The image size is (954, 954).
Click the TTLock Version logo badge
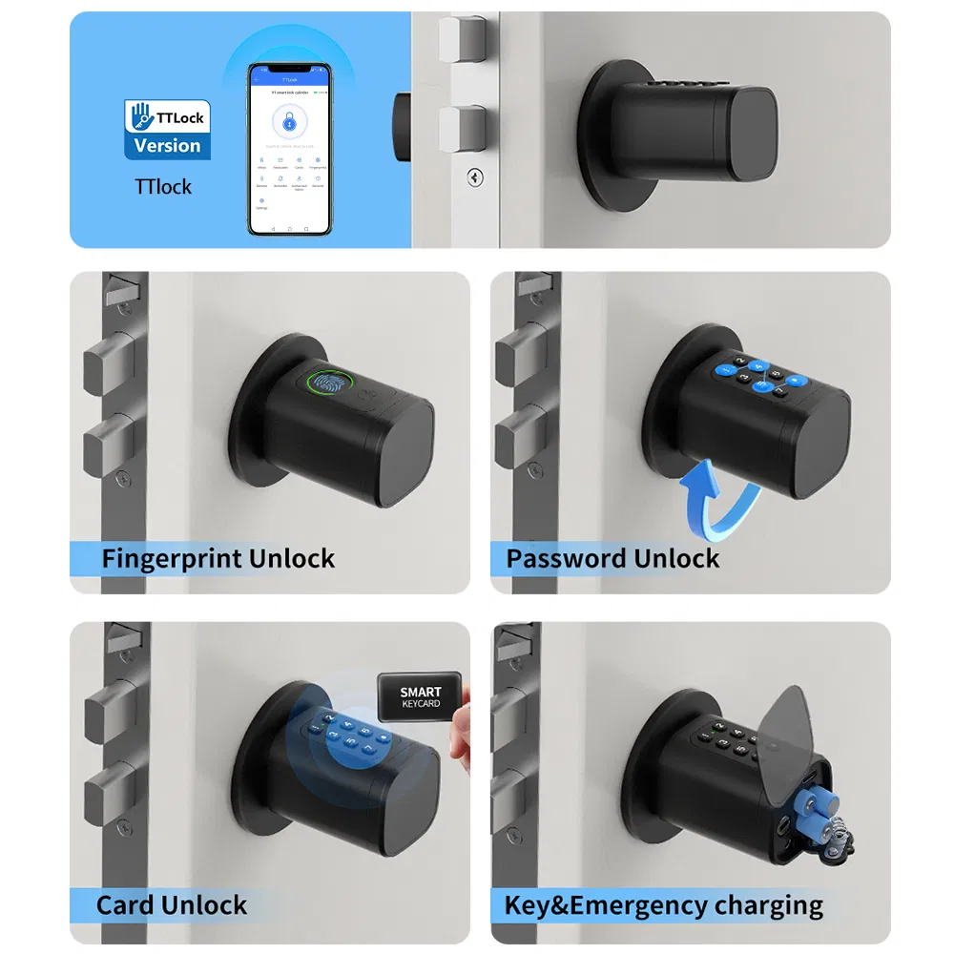point(167,130)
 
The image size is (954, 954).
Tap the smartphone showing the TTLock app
point(289,149)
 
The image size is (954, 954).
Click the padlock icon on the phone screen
point(289,121)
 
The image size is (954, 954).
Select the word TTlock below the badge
point(163,186)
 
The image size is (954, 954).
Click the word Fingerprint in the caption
point(158,558)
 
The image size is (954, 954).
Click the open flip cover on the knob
point(799,723)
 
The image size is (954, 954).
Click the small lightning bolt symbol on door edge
point(473,176)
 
